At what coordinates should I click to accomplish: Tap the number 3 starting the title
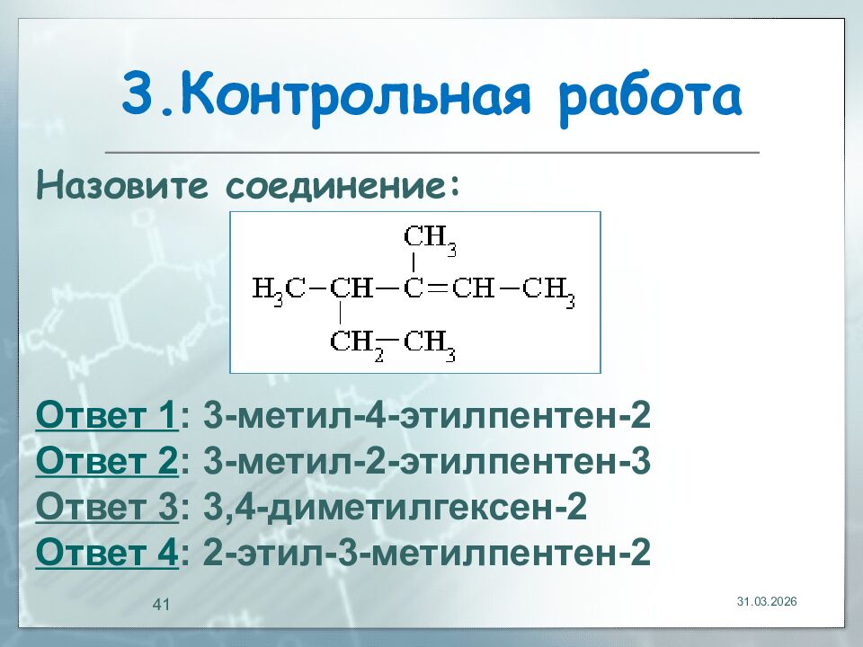138,97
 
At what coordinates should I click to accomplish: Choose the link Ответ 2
107,463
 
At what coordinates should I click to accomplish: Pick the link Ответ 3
107,508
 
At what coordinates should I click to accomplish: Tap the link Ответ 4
107,553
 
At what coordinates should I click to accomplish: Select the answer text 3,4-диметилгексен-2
396,508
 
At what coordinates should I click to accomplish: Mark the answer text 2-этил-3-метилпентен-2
426,553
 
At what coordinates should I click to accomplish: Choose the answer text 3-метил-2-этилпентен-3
426,463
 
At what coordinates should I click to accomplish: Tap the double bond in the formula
437,289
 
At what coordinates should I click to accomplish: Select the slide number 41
162,603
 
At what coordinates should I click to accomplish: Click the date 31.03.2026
767,600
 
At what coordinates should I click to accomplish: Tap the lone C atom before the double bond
414,289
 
